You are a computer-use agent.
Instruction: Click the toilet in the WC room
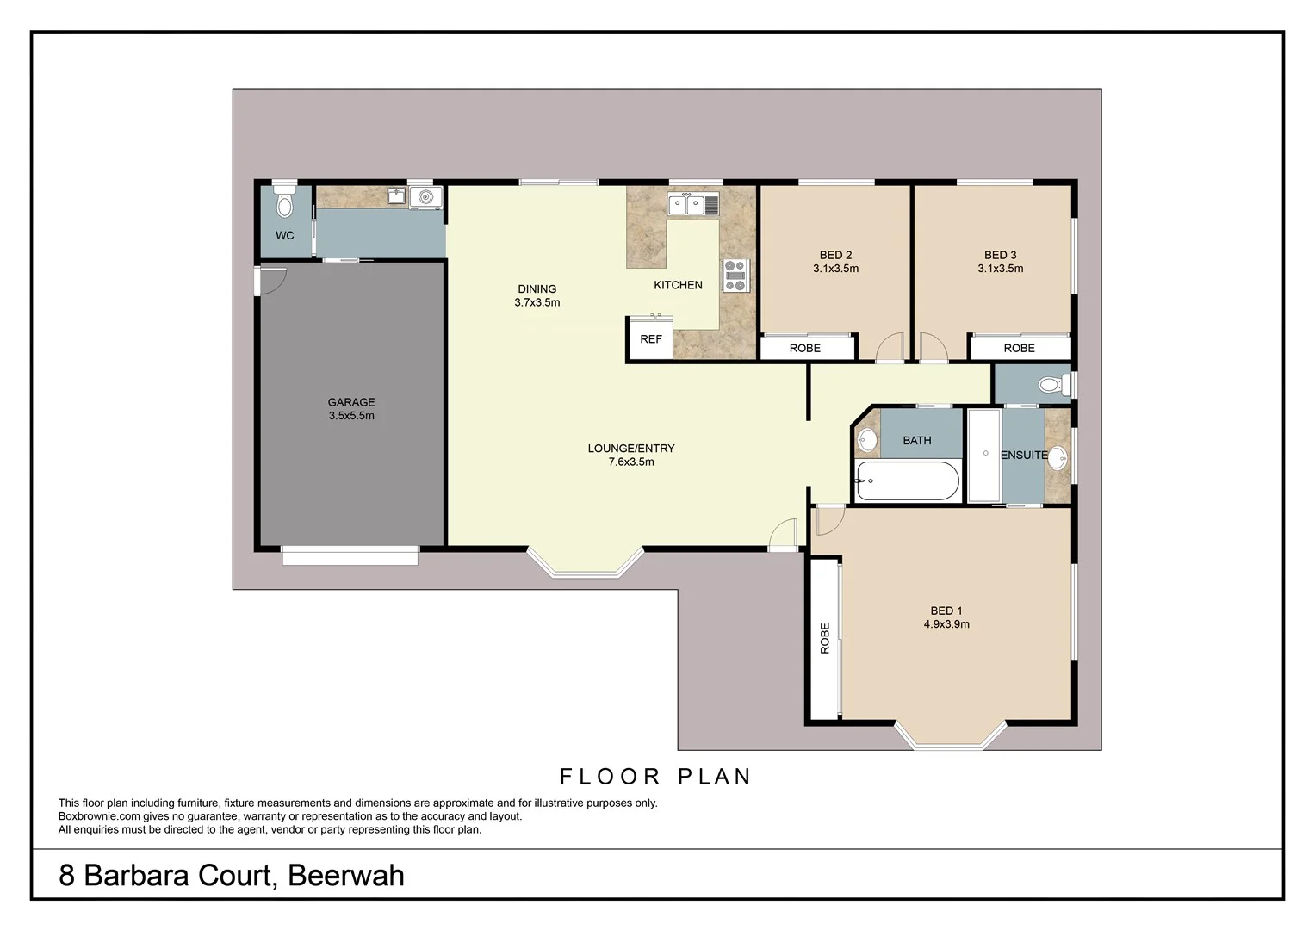[284, 204]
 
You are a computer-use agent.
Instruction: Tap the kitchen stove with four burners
[735, 276]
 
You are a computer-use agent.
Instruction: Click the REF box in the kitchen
[651, 339]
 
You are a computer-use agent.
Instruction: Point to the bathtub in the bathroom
[907, 482]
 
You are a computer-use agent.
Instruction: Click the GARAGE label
[351, 402]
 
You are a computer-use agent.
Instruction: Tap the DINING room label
[537, 289]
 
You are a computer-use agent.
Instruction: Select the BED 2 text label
[835, 255]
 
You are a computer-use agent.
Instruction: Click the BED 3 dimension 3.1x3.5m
[1000, 269]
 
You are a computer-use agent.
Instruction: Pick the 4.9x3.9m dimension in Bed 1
[946, 624]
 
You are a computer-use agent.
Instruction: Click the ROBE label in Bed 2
[805, 348]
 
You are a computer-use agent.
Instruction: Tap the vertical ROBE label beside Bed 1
[825, 638]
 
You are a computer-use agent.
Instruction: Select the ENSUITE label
[1024, 455]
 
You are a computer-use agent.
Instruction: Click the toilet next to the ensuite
[1050, 385]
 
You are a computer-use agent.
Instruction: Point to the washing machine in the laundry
[425, 197]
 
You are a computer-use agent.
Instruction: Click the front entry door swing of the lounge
[783, 534]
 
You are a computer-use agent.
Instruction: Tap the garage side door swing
[273, 282]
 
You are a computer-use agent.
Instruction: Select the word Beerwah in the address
[345, 876]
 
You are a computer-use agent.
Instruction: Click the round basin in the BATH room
[866, 442]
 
